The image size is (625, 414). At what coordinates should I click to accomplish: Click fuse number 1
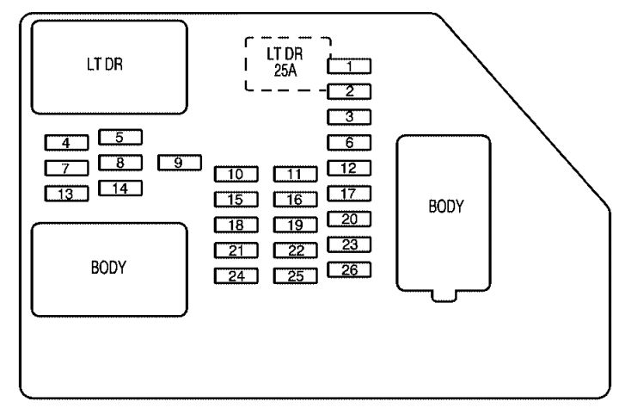pyautogui.click(x=349, y=66)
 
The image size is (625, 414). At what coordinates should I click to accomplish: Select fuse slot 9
pyautogui.click(x=180, y=163)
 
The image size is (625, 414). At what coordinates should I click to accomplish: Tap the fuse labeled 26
pyautogui.click(x=349, y=270)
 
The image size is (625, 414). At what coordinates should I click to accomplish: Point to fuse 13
pyautogui.click(x=66, y=194)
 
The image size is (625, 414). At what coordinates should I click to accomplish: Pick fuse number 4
pyautogui.click(x=66, y=143)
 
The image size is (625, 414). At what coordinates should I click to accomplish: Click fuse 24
pyautogui.click(x=236, y=276)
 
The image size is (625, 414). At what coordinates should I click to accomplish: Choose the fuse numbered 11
pyautogui.click(x=296, y=174)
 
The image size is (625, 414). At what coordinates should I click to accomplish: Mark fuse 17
pyautogui.click(x=349, y=194)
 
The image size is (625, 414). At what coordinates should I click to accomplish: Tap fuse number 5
pyautogui.click(x=120, y=138)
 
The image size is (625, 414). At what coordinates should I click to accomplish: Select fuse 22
pyautogui.click(x=296, y=250)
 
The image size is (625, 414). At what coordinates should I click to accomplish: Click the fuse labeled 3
pyautogui.click(x=349, y=117)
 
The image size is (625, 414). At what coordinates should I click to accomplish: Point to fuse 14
pyautogui.click(x=120, y=188)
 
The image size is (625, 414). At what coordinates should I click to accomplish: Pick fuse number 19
pyautogui.click(x=296, y=225)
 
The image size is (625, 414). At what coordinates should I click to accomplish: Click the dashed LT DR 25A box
pyautogui.click(x=246, y=64)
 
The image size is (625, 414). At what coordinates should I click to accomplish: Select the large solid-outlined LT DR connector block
pyautogui.click(x=109, y=67)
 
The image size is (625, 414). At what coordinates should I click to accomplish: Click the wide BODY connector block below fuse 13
pyautogui.click(x=109, y=269)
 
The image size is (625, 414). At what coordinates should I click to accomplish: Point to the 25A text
pyautogui.click(x=285, y=71)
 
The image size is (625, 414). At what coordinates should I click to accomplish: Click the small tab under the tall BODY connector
pyautogui.click(x=444, y=296)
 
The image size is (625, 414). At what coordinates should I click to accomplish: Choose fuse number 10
pyautogui.click(x=236, y=174)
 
